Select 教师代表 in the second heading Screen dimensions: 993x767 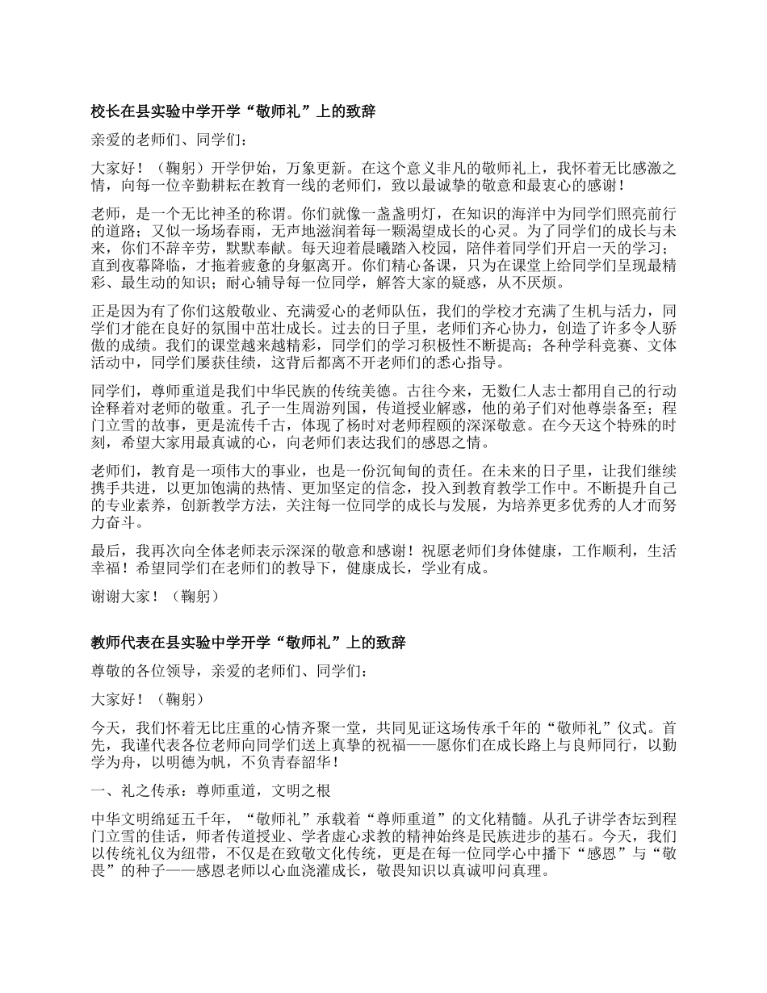tap(119, 643)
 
